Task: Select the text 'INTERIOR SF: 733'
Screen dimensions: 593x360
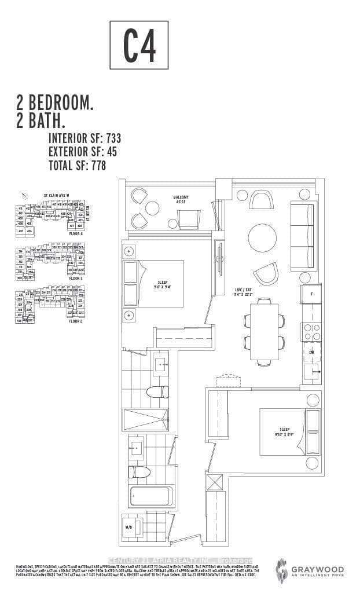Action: pyautogui.click(x=85, y=138)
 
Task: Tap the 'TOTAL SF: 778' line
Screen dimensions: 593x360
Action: pyautogui.click(x=78, y=166)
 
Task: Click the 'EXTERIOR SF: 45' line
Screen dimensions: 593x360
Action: pyautogui.click(x=82, y=152)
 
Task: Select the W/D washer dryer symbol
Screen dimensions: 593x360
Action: pyautogui.click(x=129, y=528)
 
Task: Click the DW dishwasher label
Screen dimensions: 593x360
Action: pyautogui.click(x=311, y=352)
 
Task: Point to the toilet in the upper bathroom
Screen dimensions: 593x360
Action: pyautogui.click(x=156, y=392)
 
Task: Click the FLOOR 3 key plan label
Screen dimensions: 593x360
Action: pyautogui.click(x=76, y=279)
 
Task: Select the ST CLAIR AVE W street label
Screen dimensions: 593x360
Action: pyautogui.click(x=57, y=196)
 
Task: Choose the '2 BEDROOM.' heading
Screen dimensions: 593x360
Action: pyautogui.click(x=55, y=104)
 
